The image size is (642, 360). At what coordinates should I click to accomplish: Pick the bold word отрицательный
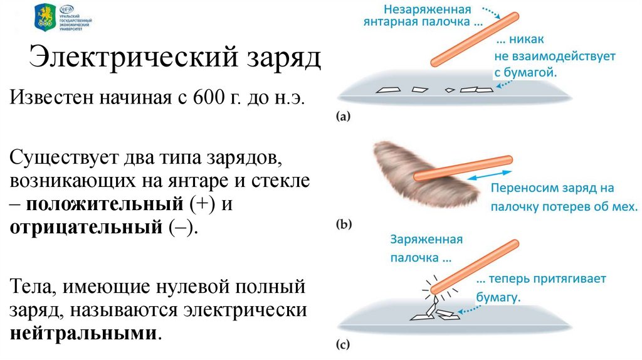(x=85, y=227)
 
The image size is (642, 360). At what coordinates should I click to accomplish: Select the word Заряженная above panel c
(x=426, y=239)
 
